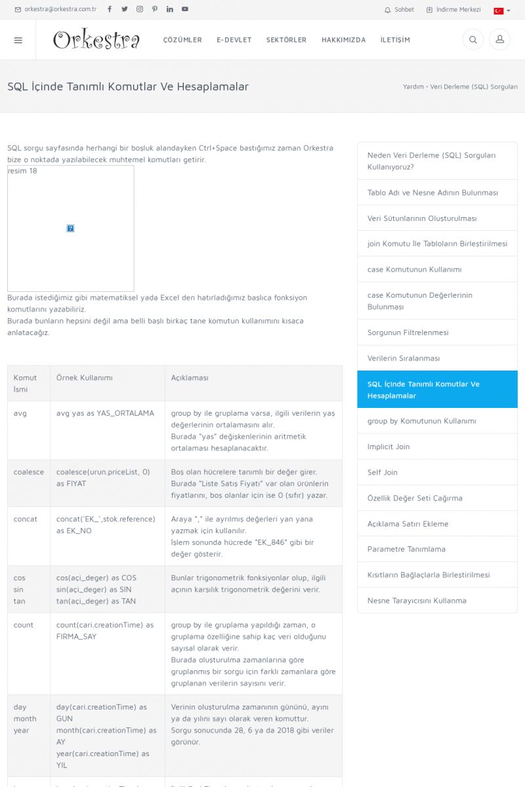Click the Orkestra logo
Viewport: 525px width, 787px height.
[96, 40]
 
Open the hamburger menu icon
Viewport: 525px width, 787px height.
[18, 40]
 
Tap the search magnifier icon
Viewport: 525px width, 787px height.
[472, 40]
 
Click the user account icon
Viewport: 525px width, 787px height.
[499, 40]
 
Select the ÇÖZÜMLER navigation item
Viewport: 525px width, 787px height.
[182, 40]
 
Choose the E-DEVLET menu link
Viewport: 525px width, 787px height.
[234, 40]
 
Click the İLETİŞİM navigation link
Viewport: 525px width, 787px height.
[395, 40]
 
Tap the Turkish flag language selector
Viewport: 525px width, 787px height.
[501, 10]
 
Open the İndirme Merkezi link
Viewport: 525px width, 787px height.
[453, 10]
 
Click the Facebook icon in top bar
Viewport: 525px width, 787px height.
[110, 9]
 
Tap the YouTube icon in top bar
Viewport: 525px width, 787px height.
[185, 9]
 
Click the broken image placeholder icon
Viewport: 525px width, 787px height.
[70, 228]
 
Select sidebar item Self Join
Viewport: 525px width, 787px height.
[383, 472]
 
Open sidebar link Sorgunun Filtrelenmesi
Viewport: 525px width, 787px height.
[408, 333]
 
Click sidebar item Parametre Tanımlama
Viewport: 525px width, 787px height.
[406, 549]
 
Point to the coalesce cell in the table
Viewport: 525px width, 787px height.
[29, 472]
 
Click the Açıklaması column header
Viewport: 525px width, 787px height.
[190, 378]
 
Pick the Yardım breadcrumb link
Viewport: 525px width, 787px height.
[413, 87]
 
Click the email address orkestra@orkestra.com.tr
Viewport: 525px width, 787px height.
[60, 10]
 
